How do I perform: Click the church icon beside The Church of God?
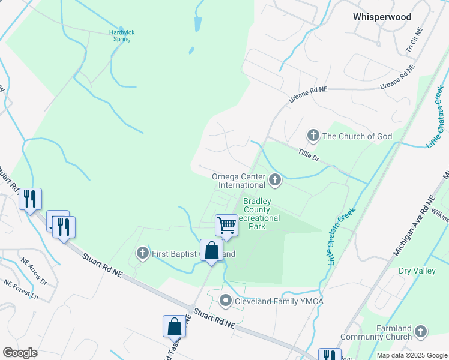(312, 136)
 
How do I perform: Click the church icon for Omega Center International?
(275, 179)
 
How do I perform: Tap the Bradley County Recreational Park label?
(257, 214)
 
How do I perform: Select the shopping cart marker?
(226, 226)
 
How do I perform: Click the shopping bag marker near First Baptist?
(212, 250)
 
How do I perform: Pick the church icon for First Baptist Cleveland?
(142, 253)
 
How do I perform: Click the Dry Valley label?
(417, 271)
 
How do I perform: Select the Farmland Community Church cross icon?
(421, 331)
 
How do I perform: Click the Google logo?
(20, 352)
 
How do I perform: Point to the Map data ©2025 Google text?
(411, 355)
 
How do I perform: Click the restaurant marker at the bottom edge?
(329, 354)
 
